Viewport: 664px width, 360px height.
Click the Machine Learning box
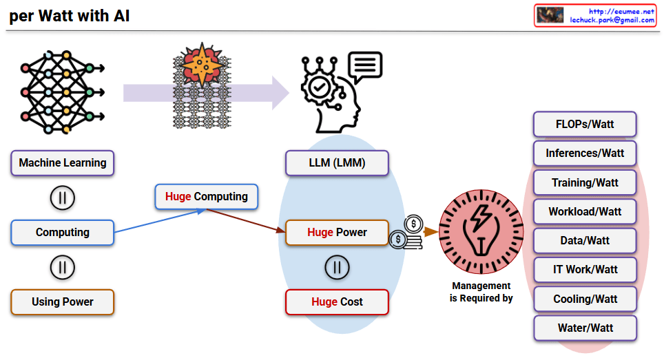(x=63, y=163)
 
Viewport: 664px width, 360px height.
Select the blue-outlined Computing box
(x=63, y=233)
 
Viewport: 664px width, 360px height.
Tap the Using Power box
(x=63, y=301)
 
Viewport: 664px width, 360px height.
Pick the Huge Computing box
(x=207, y=196)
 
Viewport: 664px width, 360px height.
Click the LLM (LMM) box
(x=337, y=163)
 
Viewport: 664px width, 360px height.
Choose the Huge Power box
(x=337, y=232)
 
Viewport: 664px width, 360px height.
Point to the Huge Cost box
(x=337, y=301)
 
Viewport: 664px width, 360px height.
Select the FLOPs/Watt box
(x=585, y=125)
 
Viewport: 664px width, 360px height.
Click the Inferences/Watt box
(x=585, y=153)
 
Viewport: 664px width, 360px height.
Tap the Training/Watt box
(x=585, y=182)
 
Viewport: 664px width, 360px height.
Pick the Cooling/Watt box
(x=585, y=299)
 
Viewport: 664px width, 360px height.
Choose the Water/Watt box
(x=585, y=328)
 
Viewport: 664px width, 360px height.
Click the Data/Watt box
(x=585, y=241)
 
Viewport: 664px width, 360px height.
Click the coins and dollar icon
(x=407, y=232)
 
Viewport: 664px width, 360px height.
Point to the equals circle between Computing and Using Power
(x=63, y=267)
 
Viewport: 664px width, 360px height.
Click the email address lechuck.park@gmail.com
(x=612, y=21)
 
